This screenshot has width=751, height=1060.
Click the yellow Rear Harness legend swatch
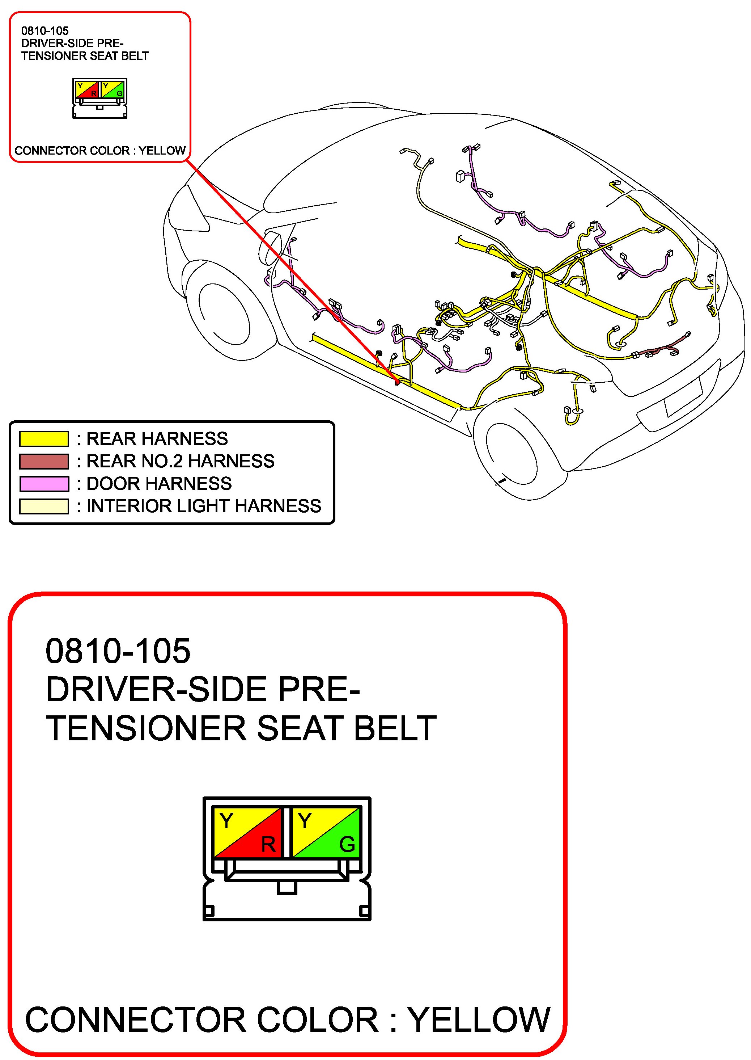44,438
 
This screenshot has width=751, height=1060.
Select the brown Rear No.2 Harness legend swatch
44,461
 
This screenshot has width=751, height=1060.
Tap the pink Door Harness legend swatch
44,484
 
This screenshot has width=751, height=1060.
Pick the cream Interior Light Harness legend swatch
44,506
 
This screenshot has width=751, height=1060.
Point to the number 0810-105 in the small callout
45,31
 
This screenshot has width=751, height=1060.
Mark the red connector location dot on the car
397,382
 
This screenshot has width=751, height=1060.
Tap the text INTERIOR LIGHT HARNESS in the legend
203,506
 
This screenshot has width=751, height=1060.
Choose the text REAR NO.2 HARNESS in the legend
181,461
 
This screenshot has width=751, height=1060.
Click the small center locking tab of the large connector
287,887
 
